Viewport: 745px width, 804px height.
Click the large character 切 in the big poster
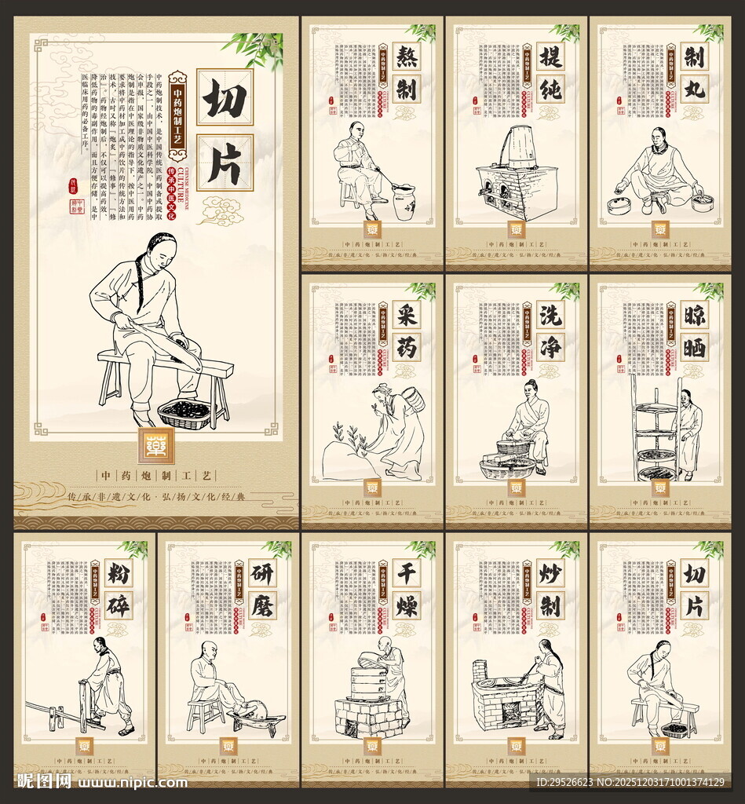click(225, 97)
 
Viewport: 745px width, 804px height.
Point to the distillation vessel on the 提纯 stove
click(521, 147)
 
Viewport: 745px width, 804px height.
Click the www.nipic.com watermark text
click(133, 782)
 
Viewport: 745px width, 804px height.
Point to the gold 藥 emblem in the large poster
click(156, 446)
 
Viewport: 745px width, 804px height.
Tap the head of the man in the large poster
click(160, 250)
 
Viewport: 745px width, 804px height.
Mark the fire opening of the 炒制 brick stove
click(511, 713)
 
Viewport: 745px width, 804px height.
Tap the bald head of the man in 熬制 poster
click(357, 130)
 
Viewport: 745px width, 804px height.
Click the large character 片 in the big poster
click(225, 162)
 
